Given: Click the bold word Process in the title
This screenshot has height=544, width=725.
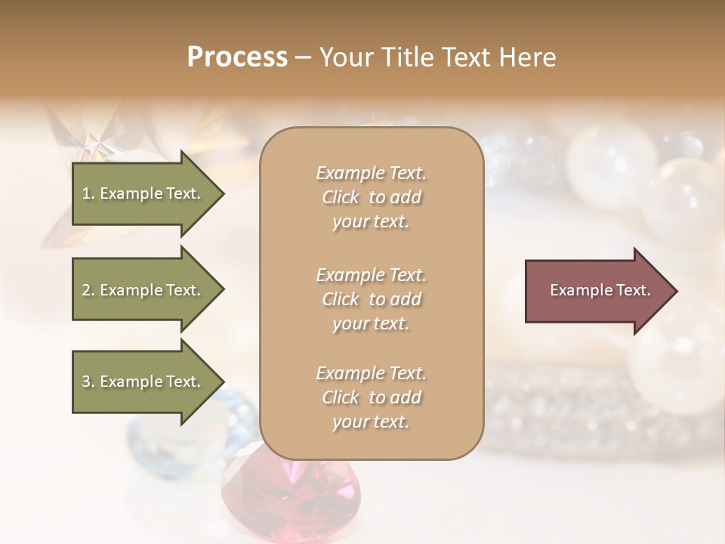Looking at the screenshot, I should point(237,57).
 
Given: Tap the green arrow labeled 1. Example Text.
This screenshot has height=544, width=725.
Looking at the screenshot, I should point(143,193).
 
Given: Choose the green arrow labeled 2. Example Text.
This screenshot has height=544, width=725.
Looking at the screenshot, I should point(143,290).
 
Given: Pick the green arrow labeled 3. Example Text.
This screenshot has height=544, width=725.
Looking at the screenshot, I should point(143,382).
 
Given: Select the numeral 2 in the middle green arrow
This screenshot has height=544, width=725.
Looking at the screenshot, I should point(85,290).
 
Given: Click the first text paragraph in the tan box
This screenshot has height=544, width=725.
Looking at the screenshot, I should point(371,197).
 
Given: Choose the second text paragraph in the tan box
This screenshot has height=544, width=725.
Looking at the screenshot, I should point(371,299).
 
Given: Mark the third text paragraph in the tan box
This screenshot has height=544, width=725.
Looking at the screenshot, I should point(371,397).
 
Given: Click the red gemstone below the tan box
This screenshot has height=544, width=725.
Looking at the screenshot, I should point(291,499).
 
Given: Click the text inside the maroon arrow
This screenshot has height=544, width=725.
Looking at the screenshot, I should point(600,290).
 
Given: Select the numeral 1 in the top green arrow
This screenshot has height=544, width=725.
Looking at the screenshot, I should point(85,193).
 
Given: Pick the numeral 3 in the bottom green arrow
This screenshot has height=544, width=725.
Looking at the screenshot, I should point(85,382).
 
